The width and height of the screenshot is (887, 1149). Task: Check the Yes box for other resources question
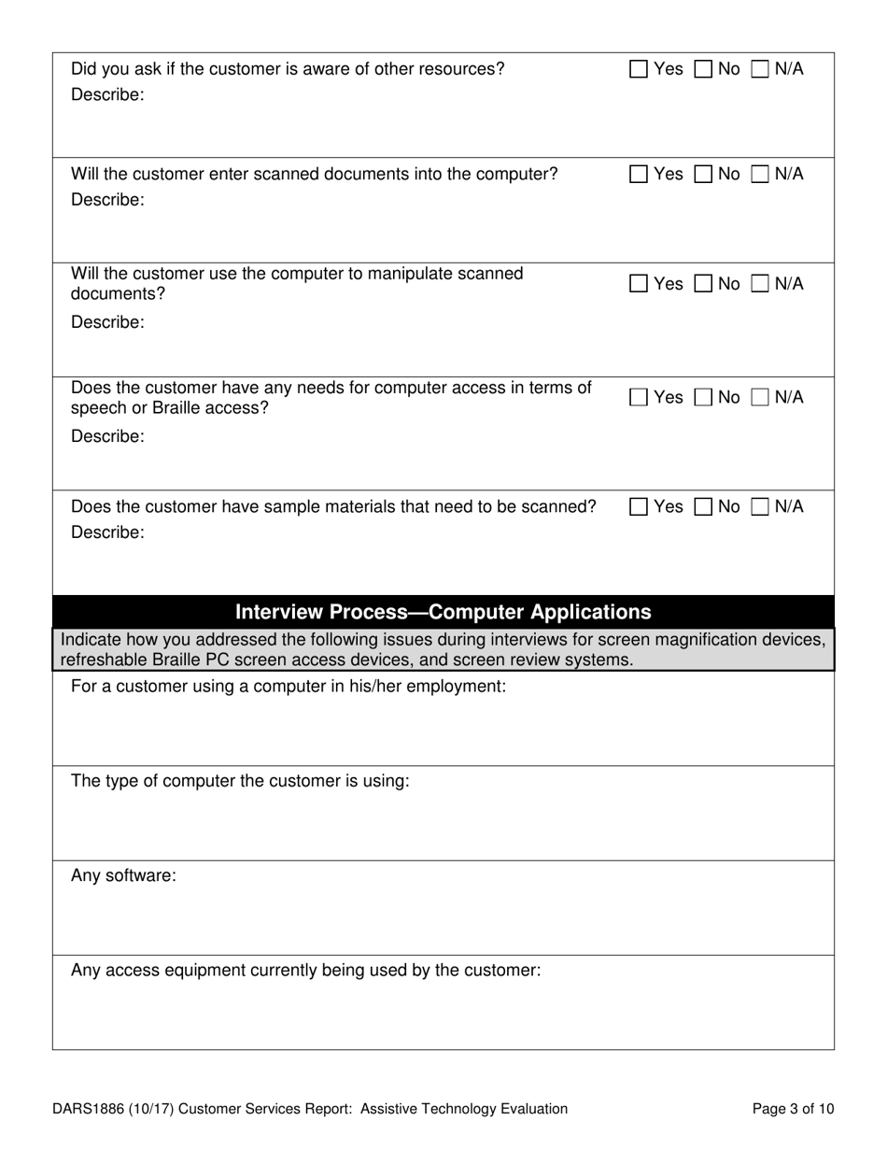pyautogui.click(x=639, y=69)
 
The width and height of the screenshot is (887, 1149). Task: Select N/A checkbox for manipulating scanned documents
pyautogui.click(x=761, y=284)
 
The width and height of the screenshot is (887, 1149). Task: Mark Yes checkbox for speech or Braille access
pyautogui.click(x=639, y=398)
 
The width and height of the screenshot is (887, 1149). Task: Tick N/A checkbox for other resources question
pyautogui.click(x=761, y=69)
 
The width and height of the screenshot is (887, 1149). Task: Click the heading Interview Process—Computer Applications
pyautogui.click(x=443, y=612)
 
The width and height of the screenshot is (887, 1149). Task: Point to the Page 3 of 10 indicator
pyautogui.click(x=793, y=1109)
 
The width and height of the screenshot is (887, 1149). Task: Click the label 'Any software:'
pyautogui.click(x=123, y=876)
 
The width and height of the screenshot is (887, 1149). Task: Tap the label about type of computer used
pyautogui.click(x=240, y=781)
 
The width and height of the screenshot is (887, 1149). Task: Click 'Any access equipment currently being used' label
pyautogui.click(x=305, y=971)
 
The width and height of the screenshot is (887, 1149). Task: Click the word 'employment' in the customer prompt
pyautogui.click(x=457, y=687)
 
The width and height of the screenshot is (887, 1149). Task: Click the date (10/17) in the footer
pyautogui.click(x=153, y=1109)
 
